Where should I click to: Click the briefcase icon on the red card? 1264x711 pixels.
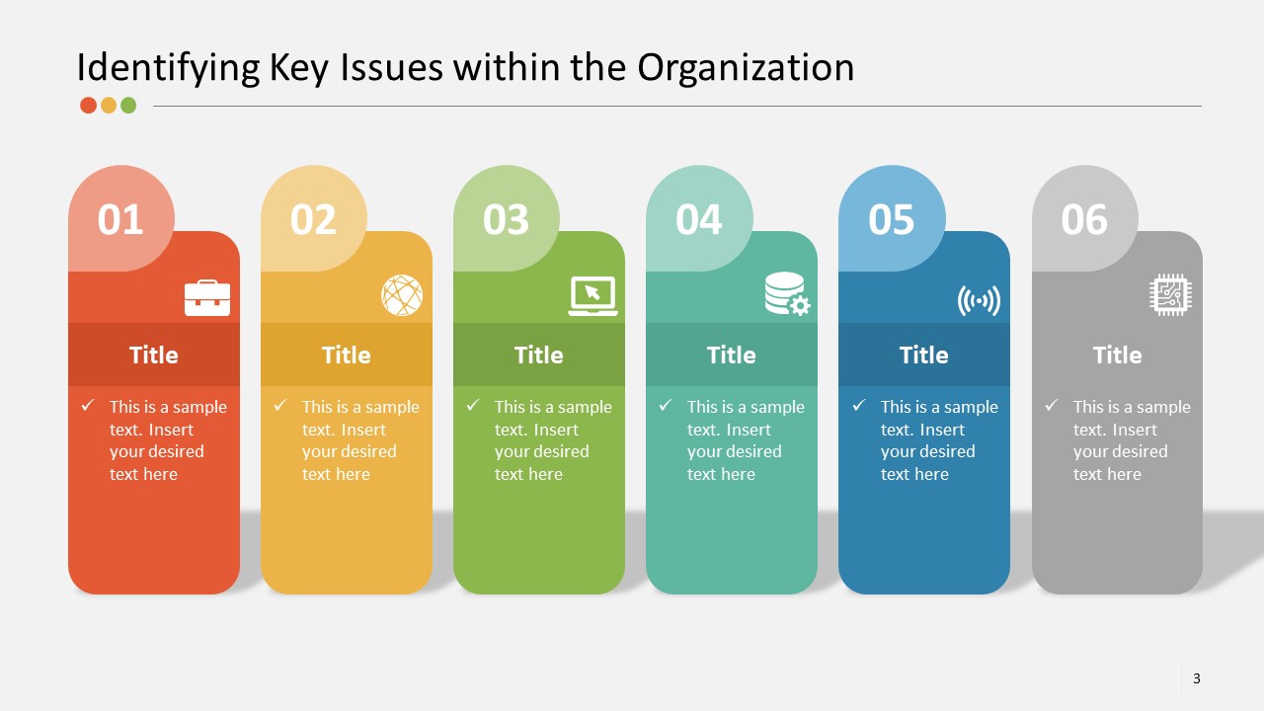[x=207, y=297]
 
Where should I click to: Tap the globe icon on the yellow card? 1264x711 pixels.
[x=402, y=295]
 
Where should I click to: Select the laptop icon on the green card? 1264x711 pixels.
[x=592, y=296]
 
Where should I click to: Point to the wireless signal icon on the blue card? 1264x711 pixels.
[x=979, y=300]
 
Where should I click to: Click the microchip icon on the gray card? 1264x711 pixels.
[x=1171, y=295]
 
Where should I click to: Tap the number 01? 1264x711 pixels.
[x=120, y=219]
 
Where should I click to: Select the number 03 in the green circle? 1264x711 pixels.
[x=506, y=219]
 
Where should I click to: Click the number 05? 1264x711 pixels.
[x=891, y=219]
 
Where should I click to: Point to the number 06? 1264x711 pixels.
[x=1084, y=219]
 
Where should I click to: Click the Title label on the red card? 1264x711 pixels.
[x=153, y=355]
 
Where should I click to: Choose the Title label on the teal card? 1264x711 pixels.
[x=731, y=355]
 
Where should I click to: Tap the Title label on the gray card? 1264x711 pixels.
[x=1117, y=355]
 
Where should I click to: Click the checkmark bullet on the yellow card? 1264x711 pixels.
[x=280, y=405]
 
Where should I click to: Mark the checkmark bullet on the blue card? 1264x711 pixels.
[x=859, y=405]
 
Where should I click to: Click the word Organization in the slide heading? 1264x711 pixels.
[x=746, y=67]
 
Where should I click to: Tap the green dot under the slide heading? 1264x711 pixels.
[x=128, y=106]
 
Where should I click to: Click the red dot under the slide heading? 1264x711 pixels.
[x=88, y=106]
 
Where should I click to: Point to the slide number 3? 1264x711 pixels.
[x=1197, y=678]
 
